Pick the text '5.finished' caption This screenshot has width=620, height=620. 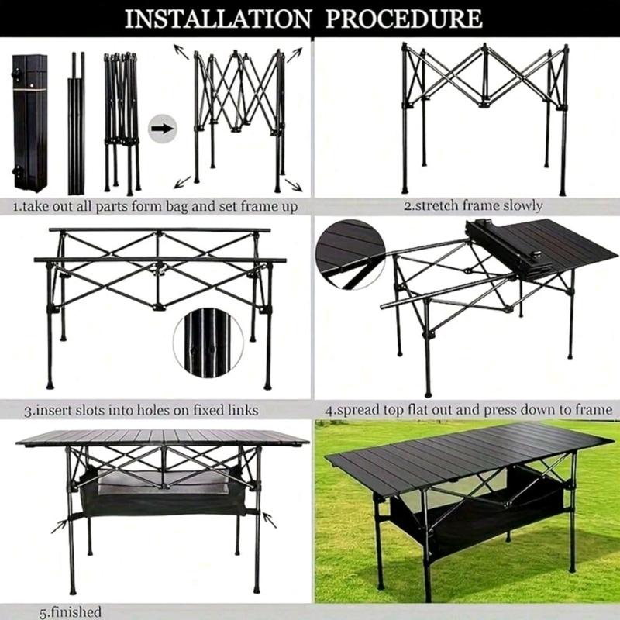70,612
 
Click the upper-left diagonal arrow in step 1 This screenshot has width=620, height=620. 181,52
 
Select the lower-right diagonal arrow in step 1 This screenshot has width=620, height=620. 294,184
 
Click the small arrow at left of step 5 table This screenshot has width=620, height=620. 59,526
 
